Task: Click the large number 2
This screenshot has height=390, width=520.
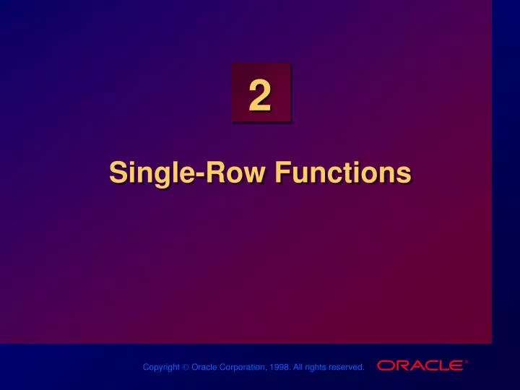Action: pos(260,98)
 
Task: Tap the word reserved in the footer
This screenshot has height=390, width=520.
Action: pos(347,368)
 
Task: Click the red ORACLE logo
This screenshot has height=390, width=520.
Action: pos(420,366)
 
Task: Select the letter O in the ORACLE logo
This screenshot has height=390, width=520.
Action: pos(386,366)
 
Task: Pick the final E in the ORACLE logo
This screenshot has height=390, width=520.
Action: pos(454,366)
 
